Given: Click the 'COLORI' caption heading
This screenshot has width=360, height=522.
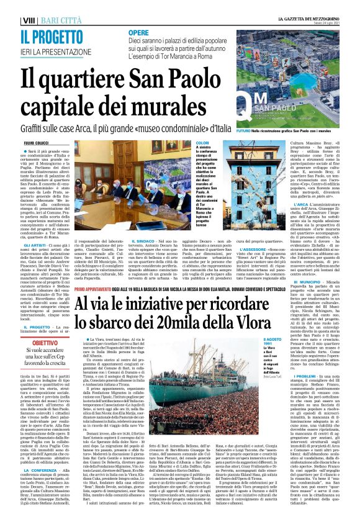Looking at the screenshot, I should pyautogui.click(x=202, y=143).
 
